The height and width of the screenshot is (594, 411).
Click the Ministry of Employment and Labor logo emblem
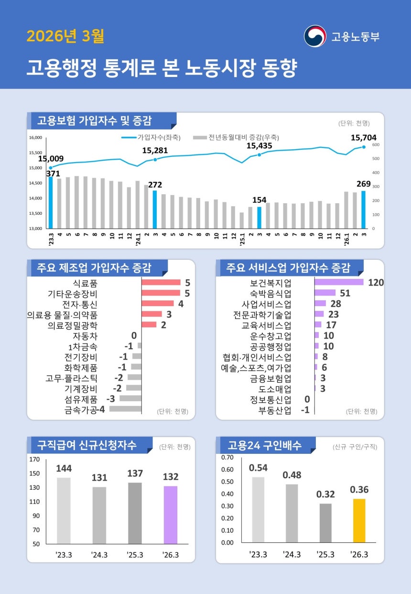coord(315,36)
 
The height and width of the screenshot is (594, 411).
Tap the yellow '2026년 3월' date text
coord(65,36)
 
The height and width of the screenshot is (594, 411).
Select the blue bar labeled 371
coord(51,202)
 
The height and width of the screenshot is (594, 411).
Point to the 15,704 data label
coord(363,138)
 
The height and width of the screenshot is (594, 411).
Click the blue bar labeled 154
coord(259,217)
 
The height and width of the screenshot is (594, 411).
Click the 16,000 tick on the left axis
coord(36,138)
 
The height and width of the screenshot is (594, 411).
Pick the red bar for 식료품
coord(161,282)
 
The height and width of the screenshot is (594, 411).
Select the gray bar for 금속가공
coord(125,409)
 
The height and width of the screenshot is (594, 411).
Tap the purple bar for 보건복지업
coord(339,282)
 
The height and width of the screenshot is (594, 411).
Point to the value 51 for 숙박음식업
coord(345,293)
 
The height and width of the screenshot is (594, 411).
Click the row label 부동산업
coord(275,410)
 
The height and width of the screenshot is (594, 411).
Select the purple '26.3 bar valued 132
coord(171,515)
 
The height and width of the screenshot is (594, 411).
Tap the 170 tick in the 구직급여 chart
coord(34,460)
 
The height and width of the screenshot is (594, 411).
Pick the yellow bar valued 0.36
coord(359,520)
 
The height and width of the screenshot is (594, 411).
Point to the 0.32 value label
coord(325,494)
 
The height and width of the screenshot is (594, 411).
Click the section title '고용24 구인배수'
coord(264,445)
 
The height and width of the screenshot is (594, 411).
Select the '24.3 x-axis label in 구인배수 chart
coord(292,554)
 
